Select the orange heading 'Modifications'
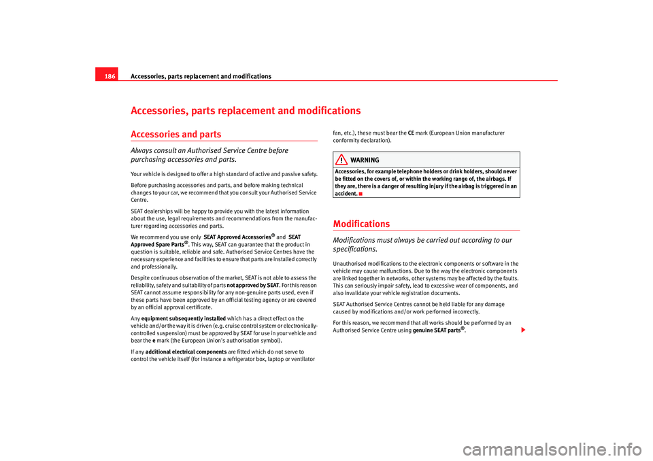coord(362,224)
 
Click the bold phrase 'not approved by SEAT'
coord(253,285)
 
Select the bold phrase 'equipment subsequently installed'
coord(184,318)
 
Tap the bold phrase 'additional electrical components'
coord(186,351)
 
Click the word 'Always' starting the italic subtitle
coord(145,150)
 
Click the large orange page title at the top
coord(246,110)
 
